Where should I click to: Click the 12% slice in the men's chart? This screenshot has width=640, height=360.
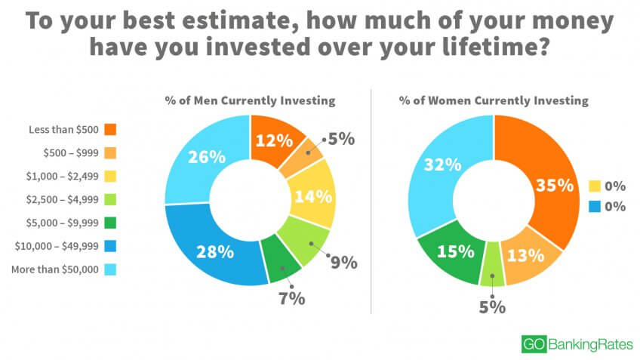pos(274,141)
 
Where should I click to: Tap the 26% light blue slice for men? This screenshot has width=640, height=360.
pos(207,157)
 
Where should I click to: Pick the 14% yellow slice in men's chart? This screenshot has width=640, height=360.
pos(313,196)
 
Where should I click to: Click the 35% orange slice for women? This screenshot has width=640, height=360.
pos(553,186)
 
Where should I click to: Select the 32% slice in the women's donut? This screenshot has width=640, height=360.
pos(443,165)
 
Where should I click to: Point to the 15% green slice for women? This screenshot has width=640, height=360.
pos(455,251)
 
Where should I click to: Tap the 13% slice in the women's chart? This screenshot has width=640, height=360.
pos(527,256)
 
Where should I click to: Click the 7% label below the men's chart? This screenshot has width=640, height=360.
pos(292,298)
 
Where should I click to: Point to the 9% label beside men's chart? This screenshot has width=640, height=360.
pos(343,263)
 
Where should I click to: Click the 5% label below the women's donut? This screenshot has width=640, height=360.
pos(492,307)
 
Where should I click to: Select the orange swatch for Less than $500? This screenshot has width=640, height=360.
pos(110,129)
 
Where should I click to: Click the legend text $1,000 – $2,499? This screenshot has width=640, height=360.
pos(63,177)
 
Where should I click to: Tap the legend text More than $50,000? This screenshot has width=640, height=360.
pos(55,269)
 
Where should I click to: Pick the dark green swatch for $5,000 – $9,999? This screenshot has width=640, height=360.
pos(110,223)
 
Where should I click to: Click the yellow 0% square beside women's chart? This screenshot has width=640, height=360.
pos(595,186)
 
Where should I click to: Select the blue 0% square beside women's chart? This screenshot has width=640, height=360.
pos(595,207)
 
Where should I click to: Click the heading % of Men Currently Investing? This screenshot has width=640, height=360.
pos(251,100)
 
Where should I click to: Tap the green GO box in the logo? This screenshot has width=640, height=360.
pos(534,343)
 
